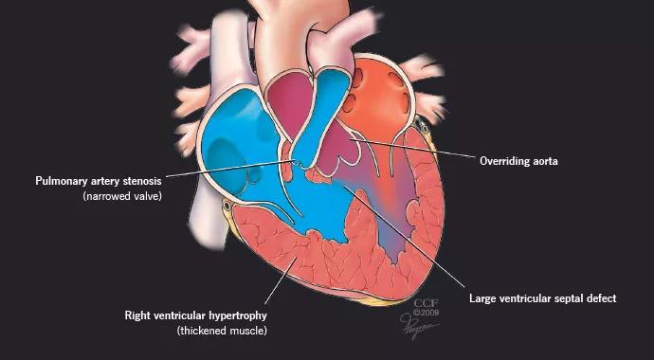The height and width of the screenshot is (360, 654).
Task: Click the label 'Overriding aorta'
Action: point(518,161)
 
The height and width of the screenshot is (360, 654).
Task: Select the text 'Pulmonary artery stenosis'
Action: point(99,181)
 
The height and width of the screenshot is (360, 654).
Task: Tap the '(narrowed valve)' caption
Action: point(122,196)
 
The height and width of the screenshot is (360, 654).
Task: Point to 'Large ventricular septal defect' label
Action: point(543,298)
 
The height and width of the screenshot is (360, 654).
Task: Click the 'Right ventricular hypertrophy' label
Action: point(195,315)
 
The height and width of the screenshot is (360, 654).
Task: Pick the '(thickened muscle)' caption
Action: point(222,331)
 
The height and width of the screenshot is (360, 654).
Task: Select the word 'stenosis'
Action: point(142,181)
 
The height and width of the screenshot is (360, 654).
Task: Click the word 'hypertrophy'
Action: point(240,315)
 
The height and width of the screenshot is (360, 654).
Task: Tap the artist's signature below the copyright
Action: point(418,325)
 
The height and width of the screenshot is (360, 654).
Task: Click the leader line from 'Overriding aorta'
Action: point(414,149)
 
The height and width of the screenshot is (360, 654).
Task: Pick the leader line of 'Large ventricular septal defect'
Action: point(405,237)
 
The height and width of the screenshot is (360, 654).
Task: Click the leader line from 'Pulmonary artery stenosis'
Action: point(230,168)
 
